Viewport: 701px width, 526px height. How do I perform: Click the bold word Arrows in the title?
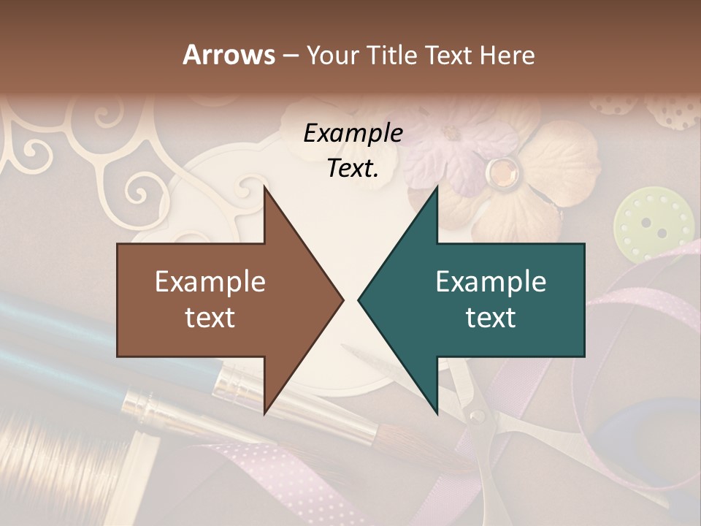point(229,55)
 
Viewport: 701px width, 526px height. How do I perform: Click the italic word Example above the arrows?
point(353,134)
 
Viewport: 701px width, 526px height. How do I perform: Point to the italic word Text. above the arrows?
point(353,169)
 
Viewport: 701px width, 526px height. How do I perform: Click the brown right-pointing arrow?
point(219,300)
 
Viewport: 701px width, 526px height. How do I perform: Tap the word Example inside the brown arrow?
point(210,282)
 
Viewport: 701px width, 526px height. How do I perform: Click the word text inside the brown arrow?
point(210,318)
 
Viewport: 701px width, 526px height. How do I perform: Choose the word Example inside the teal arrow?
point(491,282)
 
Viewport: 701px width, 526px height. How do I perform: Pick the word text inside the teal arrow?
point(491,318)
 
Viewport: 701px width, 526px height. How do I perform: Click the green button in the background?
point(652,223)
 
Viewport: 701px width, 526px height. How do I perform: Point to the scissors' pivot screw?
point(477,416)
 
